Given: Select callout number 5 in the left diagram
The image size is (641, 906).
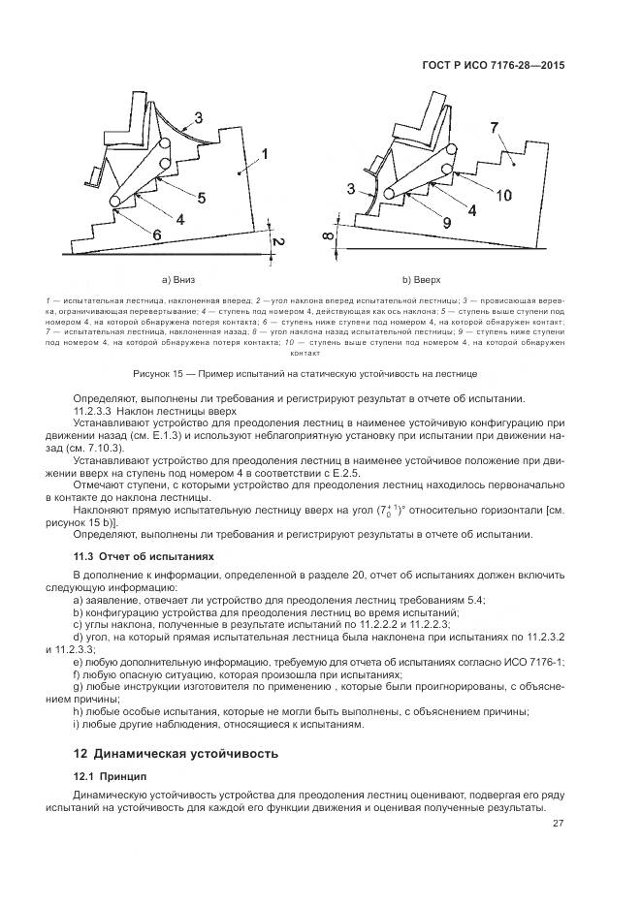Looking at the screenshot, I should [x=201, y=198].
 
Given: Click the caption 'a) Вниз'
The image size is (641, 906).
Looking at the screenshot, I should [x=179, y=281].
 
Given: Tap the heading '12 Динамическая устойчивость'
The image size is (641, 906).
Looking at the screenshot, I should [x=176, y=752].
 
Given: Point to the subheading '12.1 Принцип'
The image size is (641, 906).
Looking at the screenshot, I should [x=110, y=776].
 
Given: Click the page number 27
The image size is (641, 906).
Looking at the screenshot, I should [x=558, y=824].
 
